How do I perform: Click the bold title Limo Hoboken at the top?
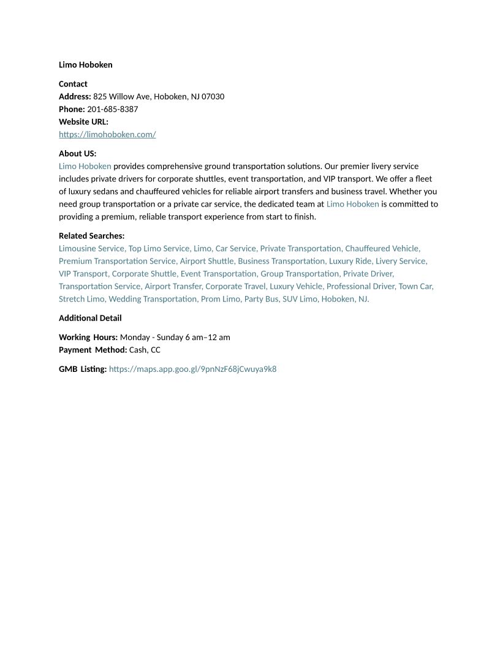click(85, 65)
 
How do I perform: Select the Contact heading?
click(73, 84)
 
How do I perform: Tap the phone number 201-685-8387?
click(112, 109)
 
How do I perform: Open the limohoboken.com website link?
click(107, 134)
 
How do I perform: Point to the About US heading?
click(77, 154)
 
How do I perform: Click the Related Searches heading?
click(91, 236)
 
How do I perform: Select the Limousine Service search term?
click(91, 248)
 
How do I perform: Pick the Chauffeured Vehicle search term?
click(382, 248)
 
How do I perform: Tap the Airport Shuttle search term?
click(206, 261)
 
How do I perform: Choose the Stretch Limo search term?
click(81, 299)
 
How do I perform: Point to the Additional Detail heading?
click(90, 318)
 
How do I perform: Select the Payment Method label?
click(93, 350)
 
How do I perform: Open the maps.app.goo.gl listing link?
click(192, 369)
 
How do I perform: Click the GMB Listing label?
click(82, 369)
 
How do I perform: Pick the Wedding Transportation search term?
click(153, 299)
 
